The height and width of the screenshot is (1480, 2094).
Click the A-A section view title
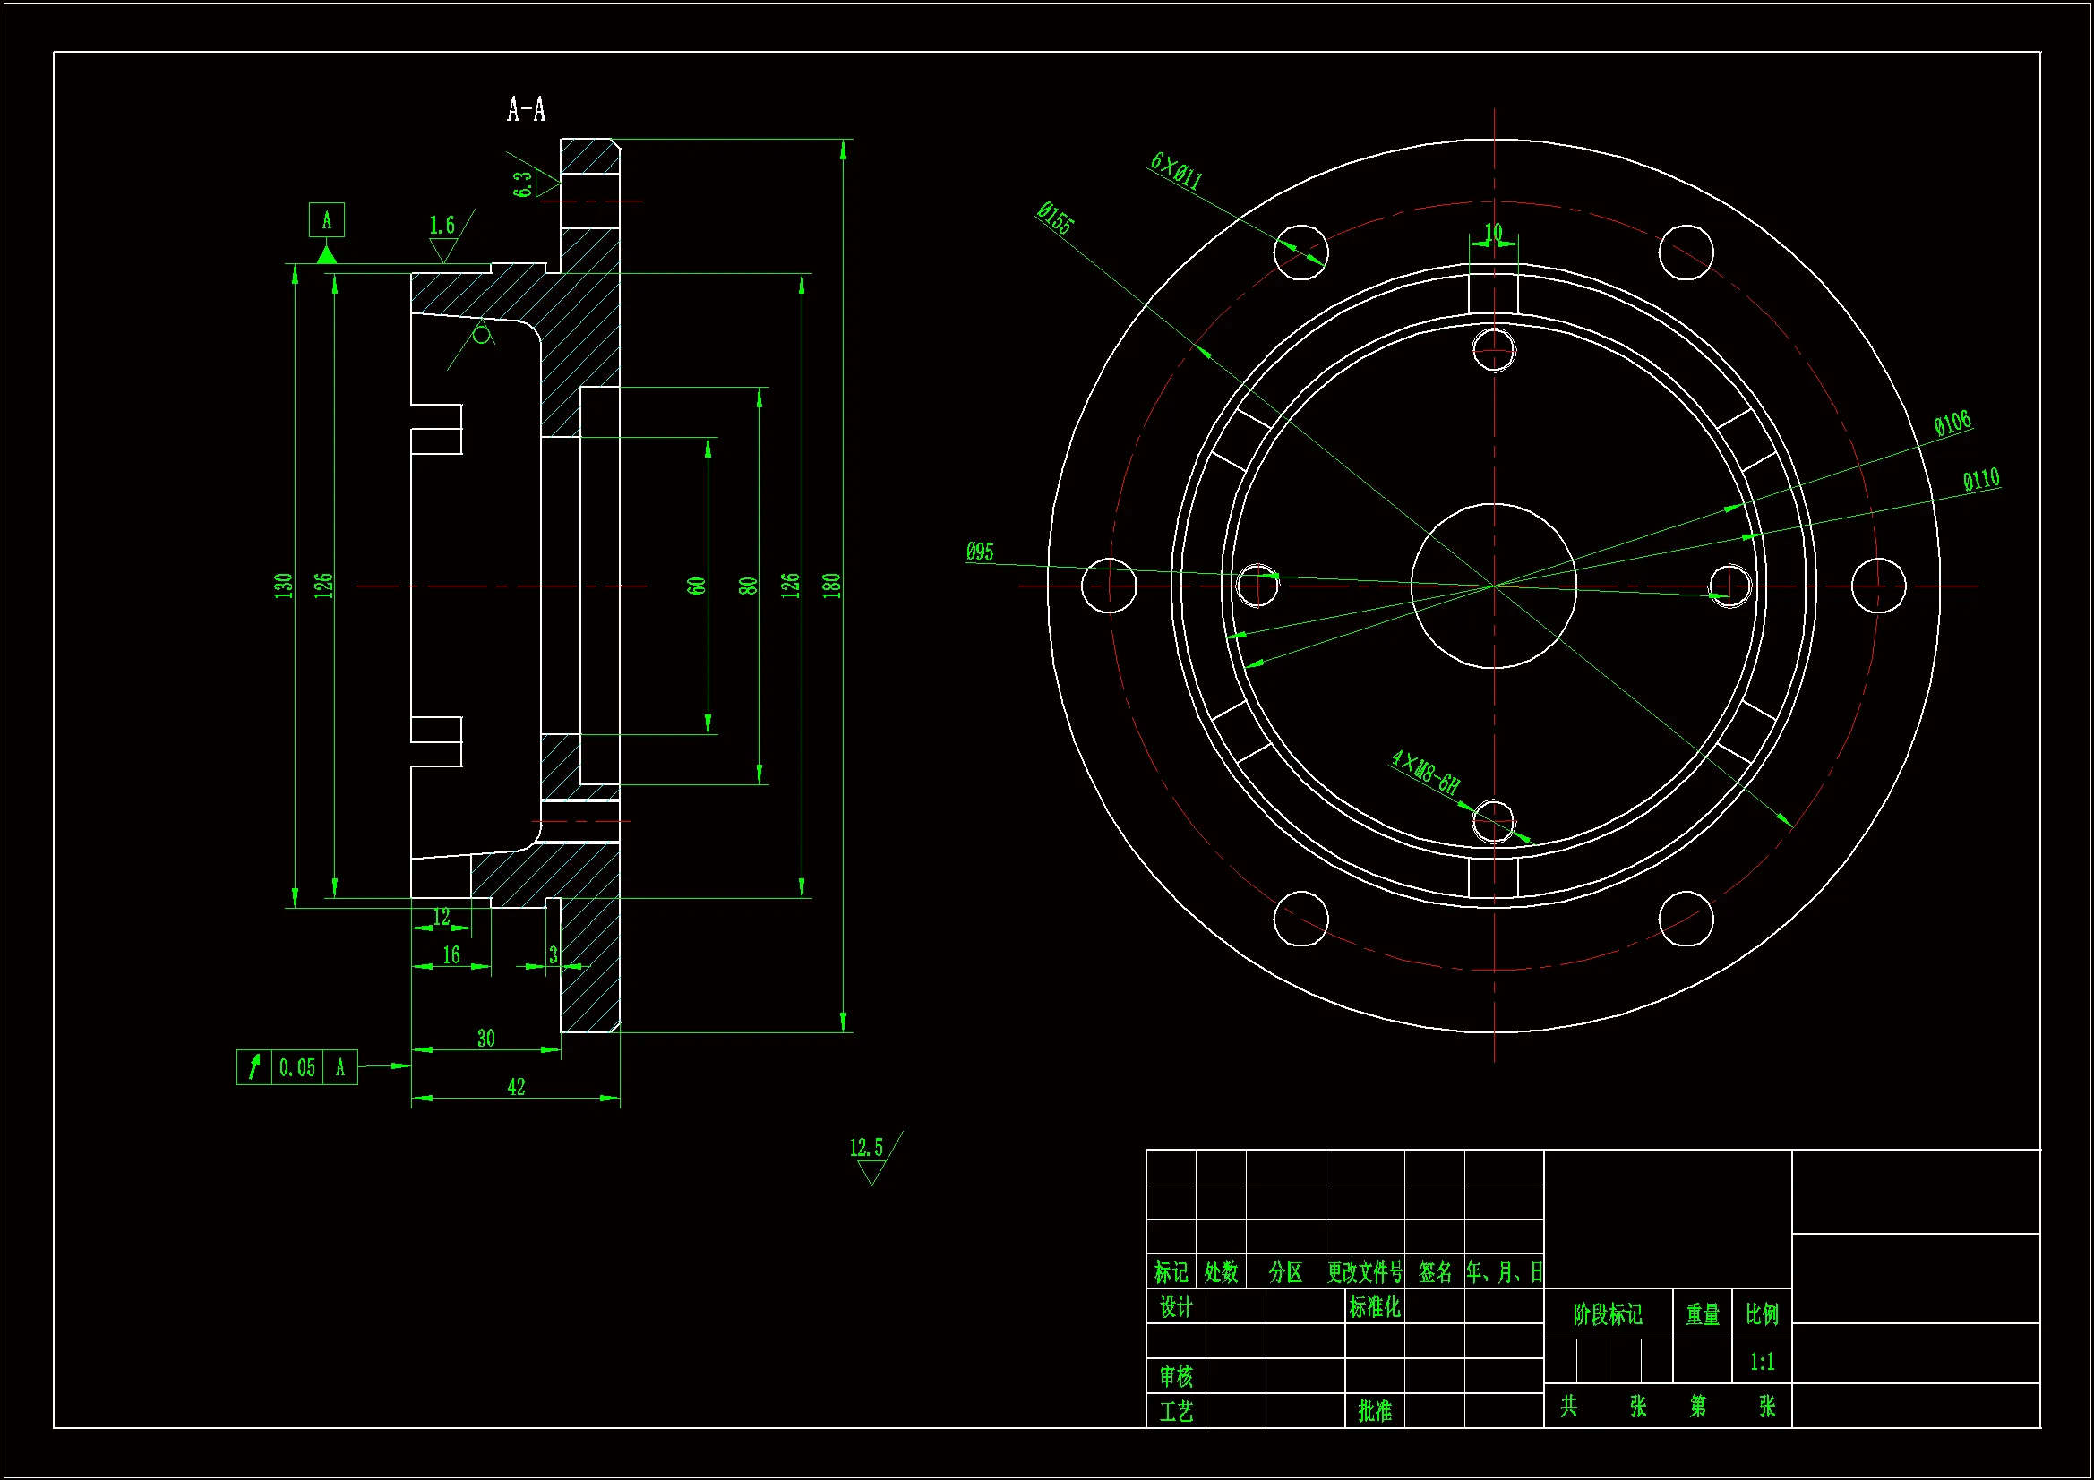(527, 110)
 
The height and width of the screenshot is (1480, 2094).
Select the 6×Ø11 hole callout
(1176, 170)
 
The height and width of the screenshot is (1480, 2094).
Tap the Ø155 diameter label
(1055, 218)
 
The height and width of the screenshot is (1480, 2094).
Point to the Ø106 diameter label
(1952, 424)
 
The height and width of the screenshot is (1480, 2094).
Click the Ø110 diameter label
(1981, 480)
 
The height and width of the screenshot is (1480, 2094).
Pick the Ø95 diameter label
(980, 552)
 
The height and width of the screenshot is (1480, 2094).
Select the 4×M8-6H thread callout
(1425, 772)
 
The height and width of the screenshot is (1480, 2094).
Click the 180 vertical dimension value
(831, 585)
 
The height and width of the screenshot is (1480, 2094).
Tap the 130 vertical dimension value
(284, 585)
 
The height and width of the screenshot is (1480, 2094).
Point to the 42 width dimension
(516, 1086)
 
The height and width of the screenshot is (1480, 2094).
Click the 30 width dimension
(486, 1038)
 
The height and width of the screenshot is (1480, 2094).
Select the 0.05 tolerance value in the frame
(297, 1068)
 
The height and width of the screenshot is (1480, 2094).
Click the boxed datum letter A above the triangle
(327, 219)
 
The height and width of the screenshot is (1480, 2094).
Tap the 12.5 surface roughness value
(866, 1147)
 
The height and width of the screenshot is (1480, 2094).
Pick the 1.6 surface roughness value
(442, 226)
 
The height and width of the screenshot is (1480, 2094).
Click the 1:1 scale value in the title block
(1762, 1362)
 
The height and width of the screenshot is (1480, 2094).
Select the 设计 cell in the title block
(1176, 1306)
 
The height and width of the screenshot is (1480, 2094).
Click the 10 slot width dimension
(1493, 232)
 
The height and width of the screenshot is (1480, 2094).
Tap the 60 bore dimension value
(697, 585)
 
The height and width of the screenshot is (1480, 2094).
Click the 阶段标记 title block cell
(1607, 1314)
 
